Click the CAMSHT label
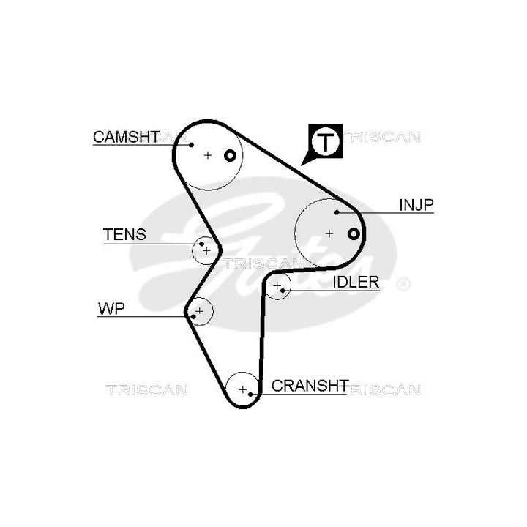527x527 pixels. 126,137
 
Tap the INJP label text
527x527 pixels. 416,205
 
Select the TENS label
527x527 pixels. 124,234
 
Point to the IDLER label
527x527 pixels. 356,282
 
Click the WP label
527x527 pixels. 111,309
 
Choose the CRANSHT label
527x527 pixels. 310,386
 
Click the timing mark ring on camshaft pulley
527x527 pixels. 230,156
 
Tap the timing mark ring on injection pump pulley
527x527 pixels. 354,233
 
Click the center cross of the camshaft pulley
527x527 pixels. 208,155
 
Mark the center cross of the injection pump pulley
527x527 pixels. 329,233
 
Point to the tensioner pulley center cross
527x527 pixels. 206,250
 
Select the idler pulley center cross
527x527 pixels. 277,285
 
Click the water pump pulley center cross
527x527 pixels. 200,311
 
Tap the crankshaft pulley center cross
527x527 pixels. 243,389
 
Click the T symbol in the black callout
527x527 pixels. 325,142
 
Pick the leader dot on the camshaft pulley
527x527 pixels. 191,145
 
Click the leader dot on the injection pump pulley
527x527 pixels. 337,212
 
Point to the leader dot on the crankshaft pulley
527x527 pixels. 250,394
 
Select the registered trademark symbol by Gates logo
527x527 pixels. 403,284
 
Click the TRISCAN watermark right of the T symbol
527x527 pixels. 381,137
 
